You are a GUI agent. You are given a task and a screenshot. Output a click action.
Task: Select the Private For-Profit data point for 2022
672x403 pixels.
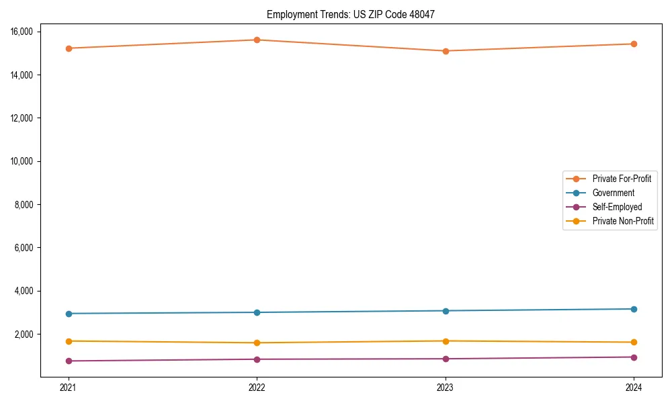[x=257, y=40]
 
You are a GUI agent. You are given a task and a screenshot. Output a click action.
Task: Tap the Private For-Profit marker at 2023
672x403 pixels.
[x=445, y=51]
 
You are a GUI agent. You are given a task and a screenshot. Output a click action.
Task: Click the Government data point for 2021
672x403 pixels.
[x=69, y=314]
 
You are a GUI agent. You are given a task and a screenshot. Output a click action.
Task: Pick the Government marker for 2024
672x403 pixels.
[x=634, y=309]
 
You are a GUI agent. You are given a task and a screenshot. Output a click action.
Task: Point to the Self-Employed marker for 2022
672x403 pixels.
[x=257, y=359]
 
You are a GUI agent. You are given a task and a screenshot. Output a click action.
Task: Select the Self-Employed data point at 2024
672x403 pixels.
[x=634, y=357]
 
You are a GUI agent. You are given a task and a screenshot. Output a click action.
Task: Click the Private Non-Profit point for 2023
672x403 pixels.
[x=445, y=341]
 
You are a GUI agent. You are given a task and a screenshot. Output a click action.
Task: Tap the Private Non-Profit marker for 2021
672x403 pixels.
[x=69, y=341]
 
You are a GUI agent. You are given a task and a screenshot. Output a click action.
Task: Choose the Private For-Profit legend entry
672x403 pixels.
[x=621, y=179]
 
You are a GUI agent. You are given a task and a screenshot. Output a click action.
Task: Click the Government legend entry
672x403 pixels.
[x=613, y=193]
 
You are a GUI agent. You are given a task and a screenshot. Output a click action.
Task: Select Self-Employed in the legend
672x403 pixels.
[x=617, y=207]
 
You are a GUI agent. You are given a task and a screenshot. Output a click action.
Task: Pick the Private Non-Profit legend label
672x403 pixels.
[x=623, y=221]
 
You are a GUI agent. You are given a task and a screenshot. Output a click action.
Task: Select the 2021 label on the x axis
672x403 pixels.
[x=69, y=387]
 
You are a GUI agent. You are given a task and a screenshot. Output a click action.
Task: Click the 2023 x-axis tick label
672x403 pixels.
[x=445, y=387]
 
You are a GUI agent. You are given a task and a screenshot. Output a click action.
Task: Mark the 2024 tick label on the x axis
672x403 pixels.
[x=634, y=387]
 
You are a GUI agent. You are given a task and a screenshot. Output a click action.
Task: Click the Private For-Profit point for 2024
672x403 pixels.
[x=634, y=44]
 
